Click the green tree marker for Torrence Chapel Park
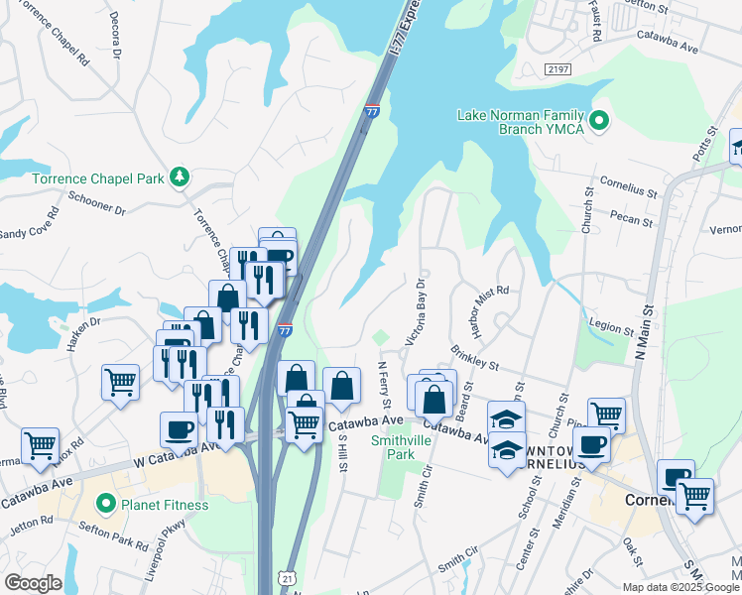click(180, 178)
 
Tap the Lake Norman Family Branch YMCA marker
click(598, 122)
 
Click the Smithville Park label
click(392, 447)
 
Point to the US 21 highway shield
click(287, 576)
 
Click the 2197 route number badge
click(557, 68)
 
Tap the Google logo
click(34, 583)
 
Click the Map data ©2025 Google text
click(680, 587)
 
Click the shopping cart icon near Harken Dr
click(120, 381)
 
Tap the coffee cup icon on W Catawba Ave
click(179, 429)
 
